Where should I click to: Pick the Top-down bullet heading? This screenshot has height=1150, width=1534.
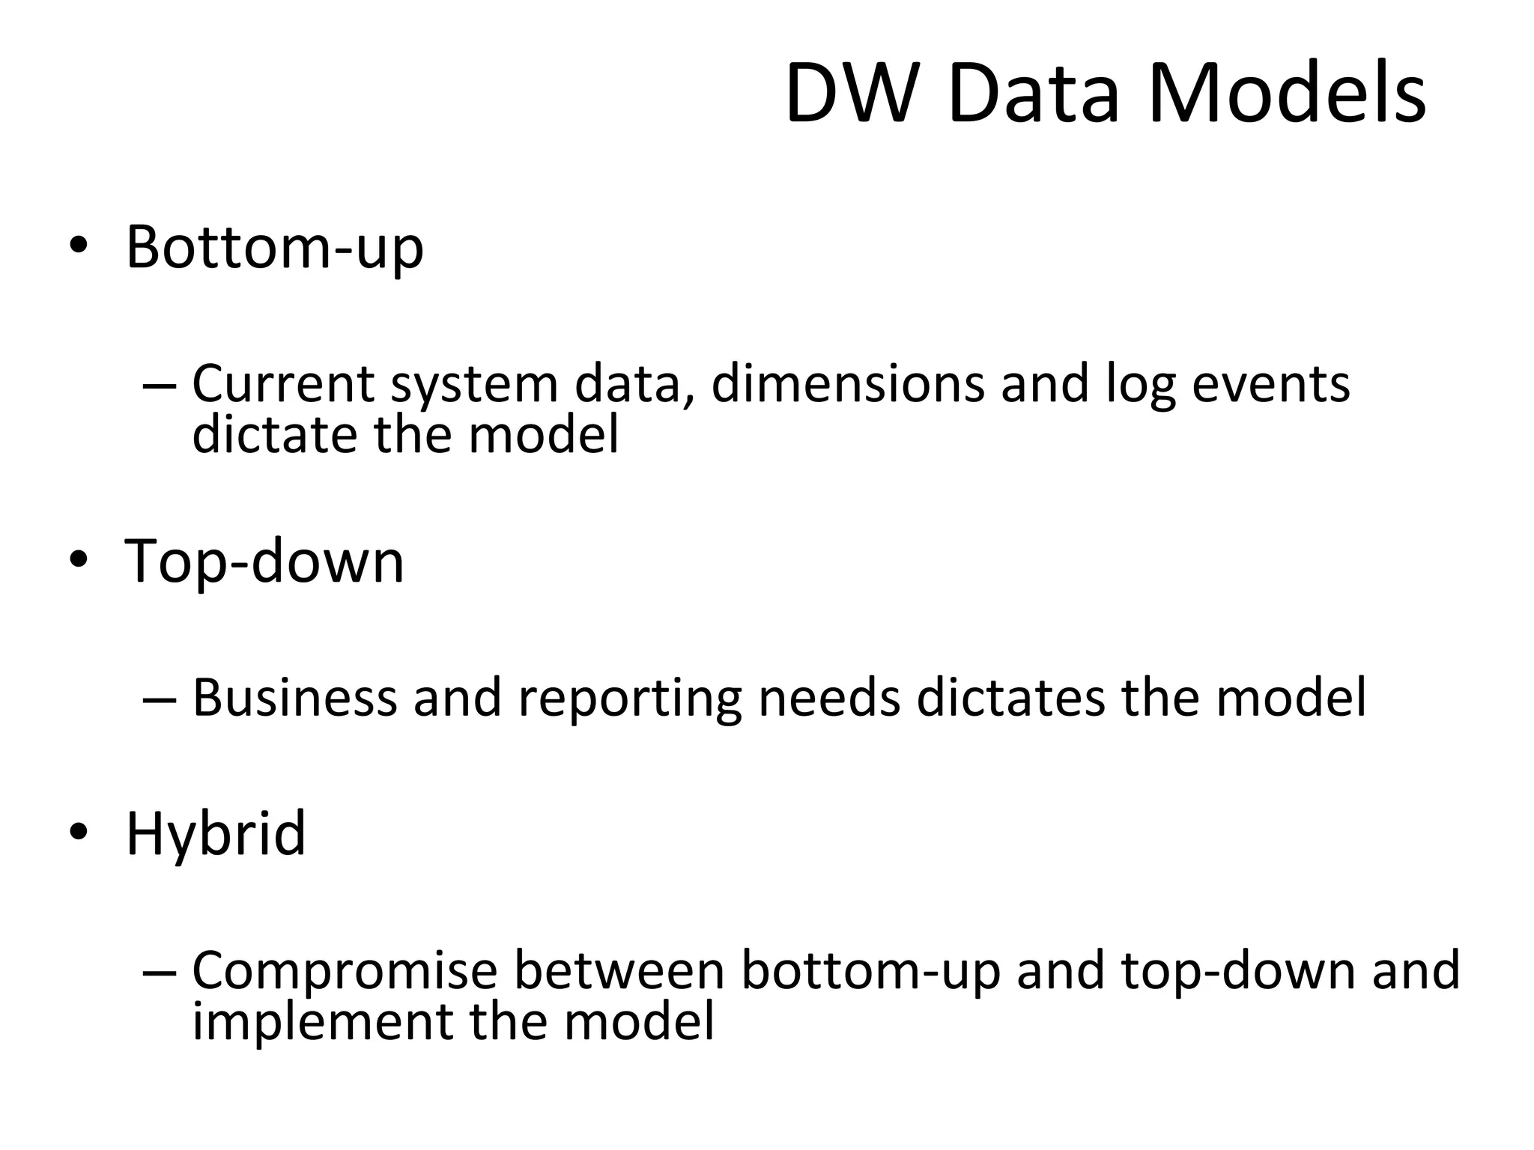tap(264, 561)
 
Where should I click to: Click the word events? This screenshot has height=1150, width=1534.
tap(1270, 384)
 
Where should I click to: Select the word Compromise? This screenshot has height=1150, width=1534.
tap(345, 971)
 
